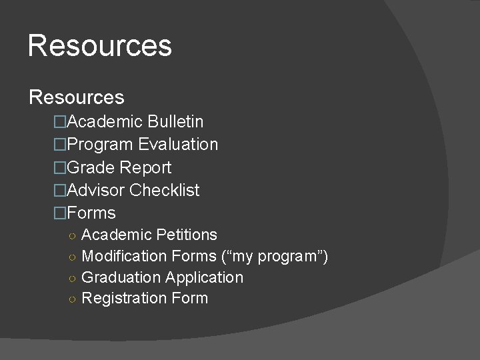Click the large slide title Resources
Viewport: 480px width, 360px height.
coord(100,46)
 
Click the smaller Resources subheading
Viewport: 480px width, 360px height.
coord(77,97)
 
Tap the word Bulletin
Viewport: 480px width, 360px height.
coord(176,122)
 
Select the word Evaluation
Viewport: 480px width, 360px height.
coord(178,145)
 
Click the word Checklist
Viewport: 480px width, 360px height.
coord(165,191)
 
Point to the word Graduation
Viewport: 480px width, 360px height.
coord(121,277)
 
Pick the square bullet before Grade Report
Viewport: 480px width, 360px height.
coord(61,168)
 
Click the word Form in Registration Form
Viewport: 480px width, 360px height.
coord(190,298)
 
